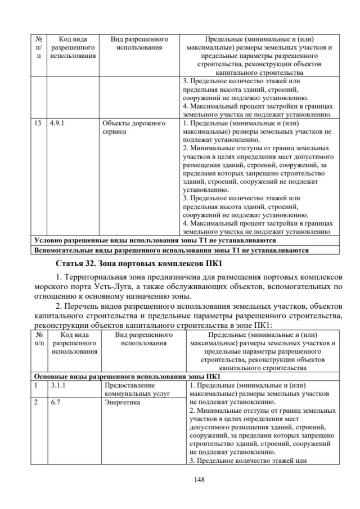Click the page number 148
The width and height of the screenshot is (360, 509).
click(180, 479)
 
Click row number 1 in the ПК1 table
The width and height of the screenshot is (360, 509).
click(37, 386)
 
